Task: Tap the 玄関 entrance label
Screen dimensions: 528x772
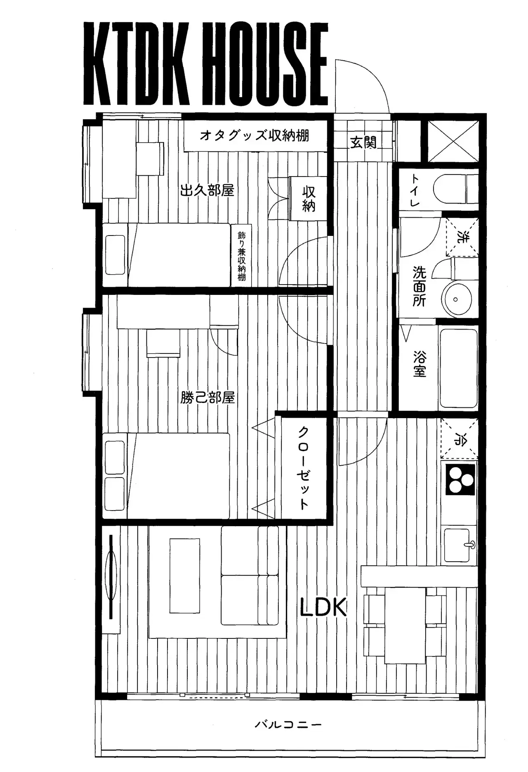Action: (x=363, y=142)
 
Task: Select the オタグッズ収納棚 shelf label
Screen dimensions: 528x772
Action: (x=255, y=135)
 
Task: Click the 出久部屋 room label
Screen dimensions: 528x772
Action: (x=207, y=191)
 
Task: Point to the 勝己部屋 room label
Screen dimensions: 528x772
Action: (x=207, y=398)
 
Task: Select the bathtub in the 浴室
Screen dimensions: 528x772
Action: (x=458, y=368)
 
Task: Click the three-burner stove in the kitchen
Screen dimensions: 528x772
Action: (x=459, y=480)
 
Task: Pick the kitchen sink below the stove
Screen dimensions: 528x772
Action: (x=460, y=545)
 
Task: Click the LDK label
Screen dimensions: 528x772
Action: (x=323, y=607)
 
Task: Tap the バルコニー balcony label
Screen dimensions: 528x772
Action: (x=288, y=725)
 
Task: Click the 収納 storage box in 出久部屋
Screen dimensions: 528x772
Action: (x=309, y=198)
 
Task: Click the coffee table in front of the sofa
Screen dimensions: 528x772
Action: (x=185, y=575)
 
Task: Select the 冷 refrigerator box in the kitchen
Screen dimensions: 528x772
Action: (x=459, y=439)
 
